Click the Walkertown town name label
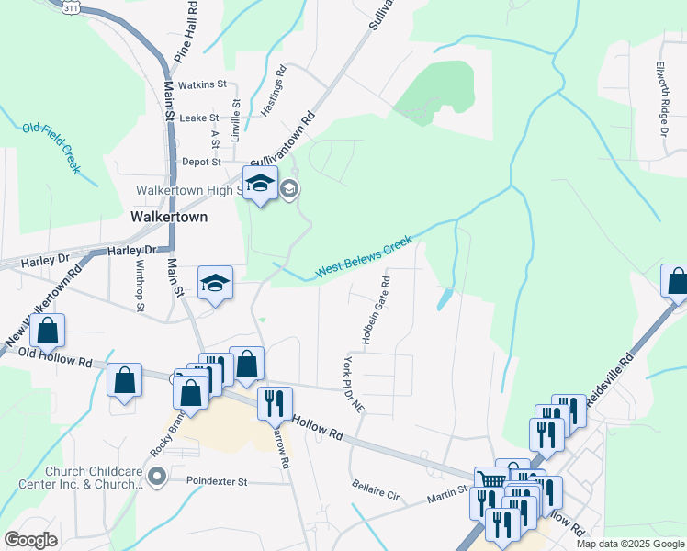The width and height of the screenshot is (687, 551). click(x=169, y=218)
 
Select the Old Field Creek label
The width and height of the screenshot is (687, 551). click(x=52, y=148)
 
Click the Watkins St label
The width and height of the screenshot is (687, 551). click(x=202, y=84)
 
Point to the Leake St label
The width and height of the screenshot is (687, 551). click(x=199, y=118)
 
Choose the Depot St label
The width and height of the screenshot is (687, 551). click(x=203, y=162)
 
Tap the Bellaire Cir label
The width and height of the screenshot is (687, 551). click(x=376, y=489)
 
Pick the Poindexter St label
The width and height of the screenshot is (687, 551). click(x=218, y=481)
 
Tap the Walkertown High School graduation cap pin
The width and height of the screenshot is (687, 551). click(x=260, y=186)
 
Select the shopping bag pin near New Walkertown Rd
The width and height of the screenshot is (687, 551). click(x=49, y=332)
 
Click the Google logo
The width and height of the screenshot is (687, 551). click(x=31, y=540)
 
